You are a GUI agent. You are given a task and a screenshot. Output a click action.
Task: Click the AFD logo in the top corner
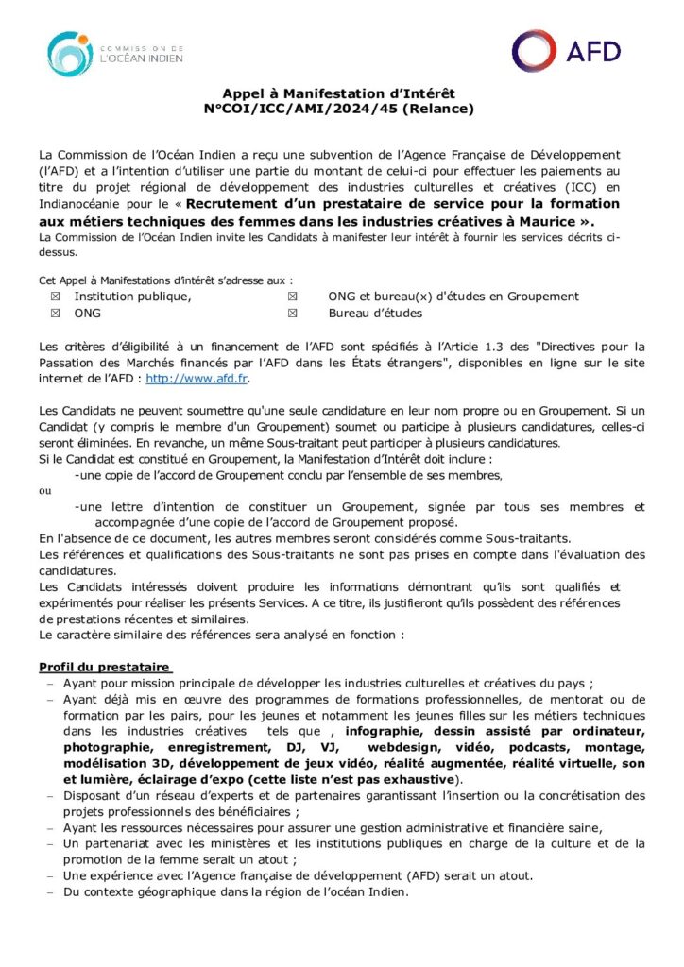click(x=568, y=51)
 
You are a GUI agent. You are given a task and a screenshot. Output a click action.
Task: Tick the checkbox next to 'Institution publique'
click(x=55, y=297)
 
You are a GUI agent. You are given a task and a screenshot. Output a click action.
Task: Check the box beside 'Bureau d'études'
click(x=293, y=313)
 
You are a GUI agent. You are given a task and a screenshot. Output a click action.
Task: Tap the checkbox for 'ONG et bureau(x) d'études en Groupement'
click(x=293, y=297)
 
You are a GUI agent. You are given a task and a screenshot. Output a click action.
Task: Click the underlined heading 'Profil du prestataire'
click(x=103, y=667)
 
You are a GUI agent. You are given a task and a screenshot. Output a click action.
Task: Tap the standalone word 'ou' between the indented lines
click(x=45, y=491)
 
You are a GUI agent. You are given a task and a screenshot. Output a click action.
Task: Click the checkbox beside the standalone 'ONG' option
click(x=55, y=313)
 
